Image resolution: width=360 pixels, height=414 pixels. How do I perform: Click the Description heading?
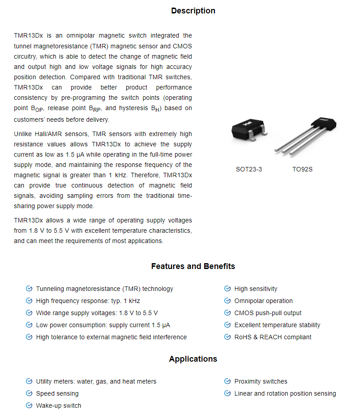[193, 11]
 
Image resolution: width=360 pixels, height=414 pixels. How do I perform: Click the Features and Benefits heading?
[193, 266]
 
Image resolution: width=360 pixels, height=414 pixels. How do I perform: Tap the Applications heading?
[193, 359]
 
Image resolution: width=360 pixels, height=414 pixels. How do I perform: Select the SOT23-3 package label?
[249, 170]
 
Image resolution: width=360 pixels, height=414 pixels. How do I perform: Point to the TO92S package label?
[302, 170]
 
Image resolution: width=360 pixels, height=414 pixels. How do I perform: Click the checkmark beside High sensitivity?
[227, 289]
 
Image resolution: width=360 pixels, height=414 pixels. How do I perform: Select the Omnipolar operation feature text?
[263, 301]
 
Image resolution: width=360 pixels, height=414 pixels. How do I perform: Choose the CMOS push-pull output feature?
[268, 313]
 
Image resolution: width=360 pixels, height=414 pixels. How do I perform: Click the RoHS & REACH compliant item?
[273, 337]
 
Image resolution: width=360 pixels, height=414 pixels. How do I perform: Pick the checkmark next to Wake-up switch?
[29, 405]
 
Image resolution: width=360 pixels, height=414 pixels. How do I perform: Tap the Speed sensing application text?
[57, 393]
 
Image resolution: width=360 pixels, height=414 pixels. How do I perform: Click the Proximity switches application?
[261, 381]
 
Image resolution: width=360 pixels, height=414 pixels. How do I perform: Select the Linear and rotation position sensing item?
[285, 393]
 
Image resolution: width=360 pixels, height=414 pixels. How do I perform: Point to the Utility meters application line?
[96, 381]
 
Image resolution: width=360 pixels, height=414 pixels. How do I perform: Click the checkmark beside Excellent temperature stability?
[227, 325]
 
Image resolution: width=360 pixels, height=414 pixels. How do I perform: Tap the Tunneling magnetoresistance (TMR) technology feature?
[104, 289]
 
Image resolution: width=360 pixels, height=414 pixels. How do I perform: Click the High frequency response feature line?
[88, 301]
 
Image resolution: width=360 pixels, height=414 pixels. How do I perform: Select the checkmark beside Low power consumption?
[29, 325]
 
